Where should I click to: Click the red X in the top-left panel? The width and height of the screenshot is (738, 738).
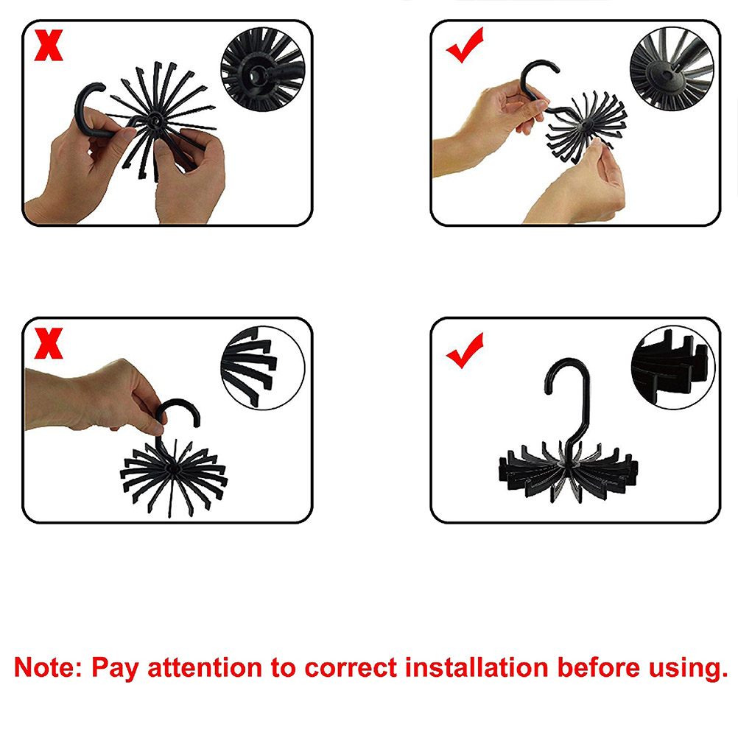[49, 45]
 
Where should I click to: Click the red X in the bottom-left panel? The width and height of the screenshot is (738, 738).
[49, 343]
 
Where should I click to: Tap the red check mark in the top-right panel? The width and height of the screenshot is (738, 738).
[465, 46]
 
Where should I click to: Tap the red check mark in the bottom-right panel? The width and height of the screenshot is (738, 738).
[465, 351]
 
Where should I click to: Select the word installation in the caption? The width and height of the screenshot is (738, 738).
[477, 667]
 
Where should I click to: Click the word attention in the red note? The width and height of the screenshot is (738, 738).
[205, 668]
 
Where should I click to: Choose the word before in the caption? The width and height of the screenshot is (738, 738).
[599, 667]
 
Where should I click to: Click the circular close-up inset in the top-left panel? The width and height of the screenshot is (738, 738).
[263, 69]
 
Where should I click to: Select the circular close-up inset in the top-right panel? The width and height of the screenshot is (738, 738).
[672, 69]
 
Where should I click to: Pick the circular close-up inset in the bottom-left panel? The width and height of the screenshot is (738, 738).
[263, 368]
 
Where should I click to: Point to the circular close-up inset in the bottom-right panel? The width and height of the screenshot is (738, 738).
[672, 367]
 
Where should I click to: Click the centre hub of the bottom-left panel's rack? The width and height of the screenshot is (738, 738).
[173, 470]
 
